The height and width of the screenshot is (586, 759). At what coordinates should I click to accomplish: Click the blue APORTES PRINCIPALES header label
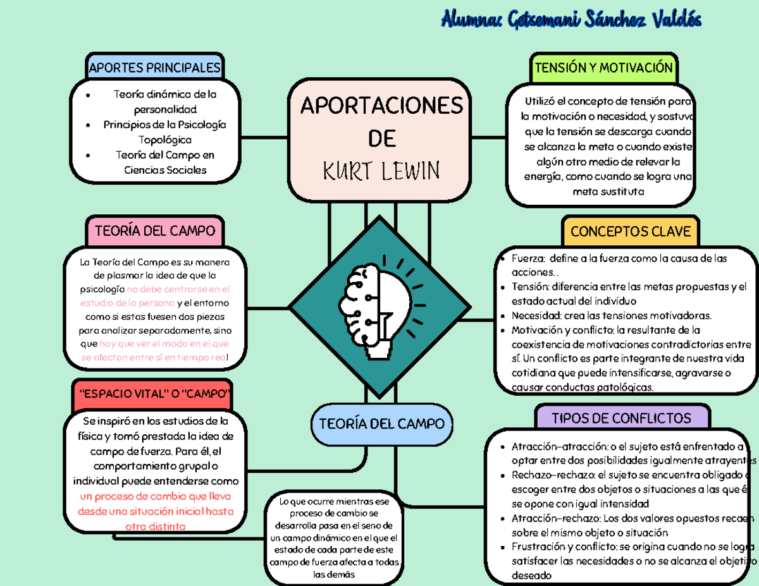coord(155,68)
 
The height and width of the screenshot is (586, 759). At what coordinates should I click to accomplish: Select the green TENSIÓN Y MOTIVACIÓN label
coord(603,68)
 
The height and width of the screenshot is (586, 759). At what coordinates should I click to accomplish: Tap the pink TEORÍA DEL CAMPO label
coord(155,231)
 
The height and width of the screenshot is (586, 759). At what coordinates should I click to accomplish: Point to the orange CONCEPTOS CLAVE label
coord(630,231)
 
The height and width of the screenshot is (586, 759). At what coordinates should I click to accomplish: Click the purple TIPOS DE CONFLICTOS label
coord(621,418)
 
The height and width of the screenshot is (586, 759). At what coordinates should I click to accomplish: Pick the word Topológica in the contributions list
coord(164,139)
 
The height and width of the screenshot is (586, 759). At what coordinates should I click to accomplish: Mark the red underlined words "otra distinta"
coord(155,526)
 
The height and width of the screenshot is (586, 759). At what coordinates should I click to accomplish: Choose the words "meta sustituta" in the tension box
coord(608,191)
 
